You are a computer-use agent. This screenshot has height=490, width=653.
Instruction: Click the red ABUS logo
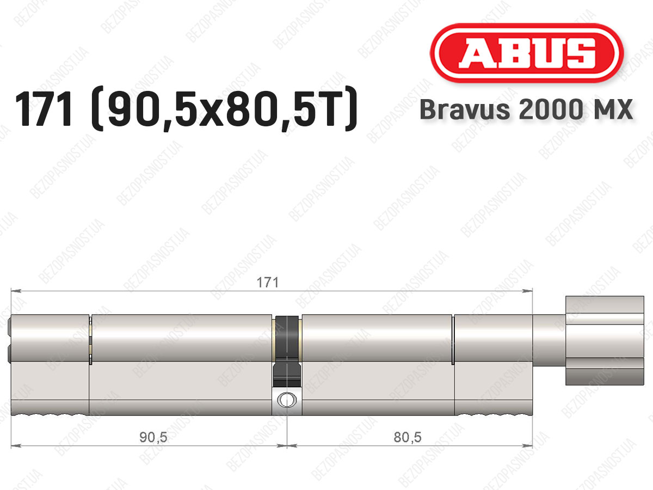[527, 53]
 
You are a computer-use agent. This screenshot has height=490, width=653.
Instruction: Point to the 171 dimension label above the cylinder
[268, 283]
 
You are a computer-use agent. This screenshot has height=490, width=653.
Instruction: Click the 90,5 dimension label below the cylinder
[153, 438]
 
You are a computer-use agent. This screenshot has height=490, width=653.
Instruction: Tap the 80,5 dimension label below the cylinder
[408, 438]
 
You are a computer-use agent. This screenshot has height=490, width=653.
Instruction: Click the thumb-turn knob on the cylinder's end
[605, 340]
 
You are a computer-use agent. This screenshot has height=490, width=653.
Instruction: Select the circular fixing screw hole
[287, 400]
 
